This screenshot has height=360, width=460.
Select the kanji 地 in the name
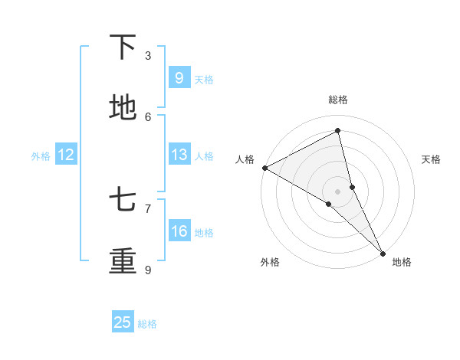coord(123,108)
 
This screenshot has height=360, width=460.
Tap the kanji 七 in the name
coord(123,201)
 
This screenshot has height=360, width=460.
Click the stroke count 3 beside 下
coord(148,55)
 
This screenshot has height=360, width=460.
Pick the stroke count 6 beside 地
coord(148,116)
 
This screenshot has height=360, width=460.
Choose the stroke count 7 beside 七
coord(148,208)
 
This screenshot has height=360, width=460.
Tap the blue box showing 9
coord(179,78)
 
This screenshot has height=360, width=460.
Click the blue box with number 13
coord(179,155)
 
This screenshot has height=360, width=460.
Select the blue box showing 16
coord(179,231)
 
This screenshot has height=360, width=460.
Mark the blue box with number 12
coord(66,155)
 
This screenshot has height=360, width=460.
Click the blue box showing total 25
coord(123,322)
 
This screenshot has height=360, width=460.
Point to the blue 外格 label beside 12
coord(41,155)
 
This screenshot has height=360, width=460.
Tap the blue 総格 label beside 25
coord(148,324)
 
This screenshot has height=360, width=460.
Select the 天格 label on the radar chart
coord(432,159)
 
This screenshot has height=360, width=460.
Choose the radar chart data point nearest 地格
coord(383,252)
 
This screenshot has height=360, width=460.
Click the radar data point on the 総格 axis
coord(338,131)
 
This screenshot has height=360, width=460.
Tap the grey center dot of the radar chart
coord(338,191)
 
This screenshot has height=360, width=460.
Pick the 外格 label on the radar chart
coord(270,263)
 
